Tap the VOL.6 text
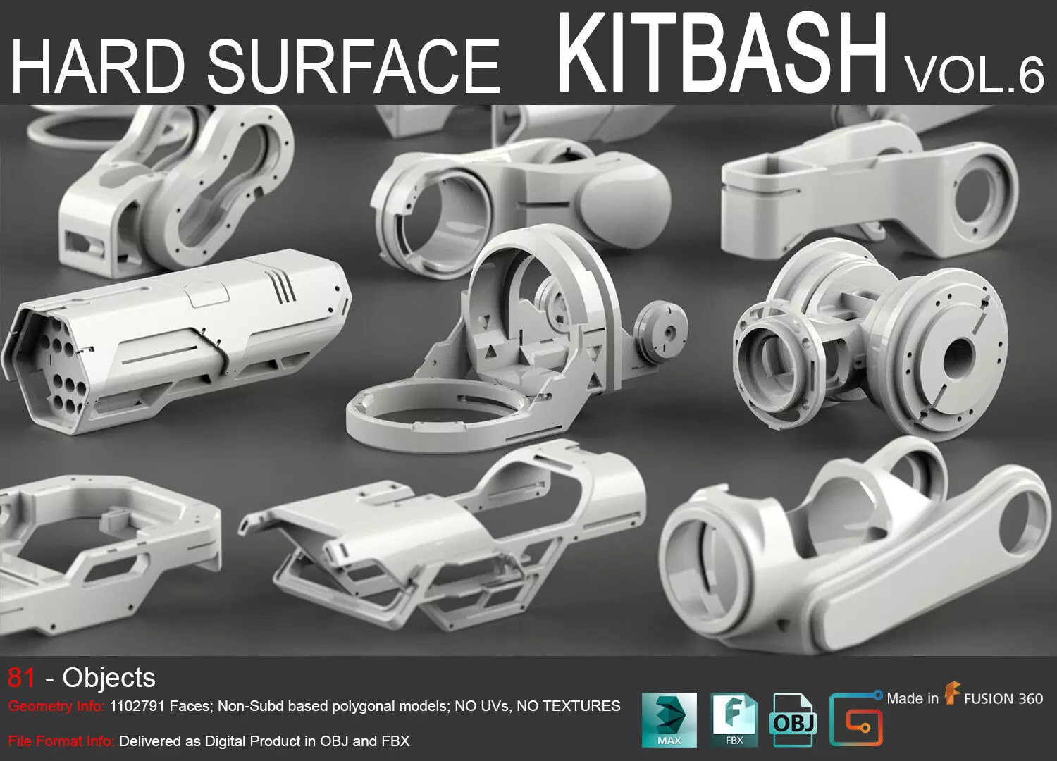click(x=975, y=75)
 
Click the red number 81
click(x=21, y=678)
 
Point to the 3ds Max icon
click(x=669, y=719)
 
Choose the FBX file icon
click(x=734, y=719)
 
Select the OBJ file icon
click(x=794, y=719)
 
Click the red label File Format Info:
click(x=61, y=741)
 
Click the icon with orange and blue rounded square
click(x=855, y=719)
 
